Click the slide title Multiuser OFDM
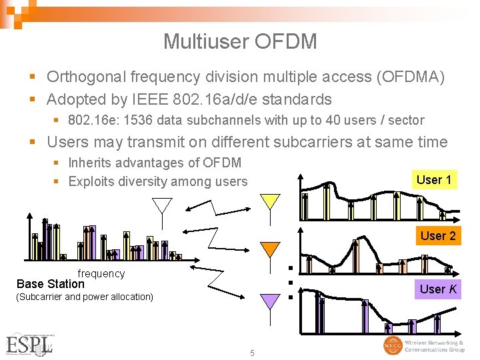point(240,41)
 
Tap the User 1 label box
point(434,179)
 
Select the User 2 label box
point(438,235)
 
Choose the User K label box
point(438,289)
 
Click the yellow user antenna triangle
point(270,200)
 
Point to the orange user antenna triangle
point(270,249)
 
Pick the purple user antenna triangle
point(270,301)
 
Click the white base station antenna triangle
point(162,205)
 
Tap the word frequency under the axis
point(101,273)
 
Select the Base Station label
point(51,284)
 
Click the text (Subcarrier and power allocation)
point(84,297)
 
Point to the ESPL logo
point(28,345)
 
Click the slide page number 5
point(252,353)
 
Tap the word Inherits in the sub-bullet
point(91,163)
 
